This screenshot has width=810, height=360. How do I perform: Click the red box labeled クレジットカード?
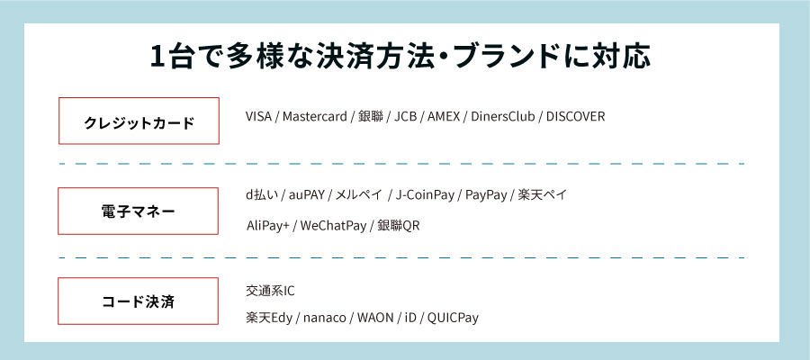click(x=139, y=121)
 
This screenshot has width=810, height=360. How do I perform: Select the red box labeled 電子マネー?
click(x=139, y=211)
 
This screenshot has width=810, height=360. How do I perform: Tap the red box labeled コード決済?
click(x=139, y=301)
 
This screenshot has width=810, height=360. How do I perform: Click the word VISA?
click(x=259, y=117)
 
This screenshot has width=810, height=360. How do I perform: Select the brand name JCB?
click(x=407, y=117)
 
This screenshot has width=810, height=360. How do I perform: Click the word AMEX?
click(x=444, y=117)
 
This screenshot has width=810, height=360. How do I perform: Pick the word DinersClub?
click(x=504, y=117)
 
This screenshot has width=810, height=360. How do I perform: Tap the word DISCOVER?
click(x=576, y=117)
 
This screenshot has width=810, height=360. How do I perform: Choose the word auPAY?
click(x=308, y=195)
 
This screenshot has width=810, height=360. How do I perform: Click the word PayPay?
click(x=484, y=195)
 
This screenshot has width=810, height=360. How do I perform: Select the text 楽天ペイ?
click(x=543, y=195)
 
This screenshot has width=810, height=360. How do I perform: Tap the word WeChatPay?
click(x=332, y=225)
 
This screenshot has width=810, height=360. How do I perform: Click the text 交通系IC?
click(x=270, y=292)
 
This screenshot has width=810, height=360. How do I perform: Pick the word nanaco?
click(x=324, y=318)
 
